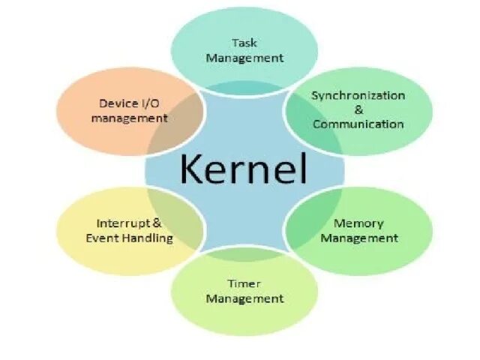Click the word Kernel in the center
(244, 169)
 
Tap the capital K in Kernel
(192, 169)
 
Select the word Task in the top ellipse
(244, 43)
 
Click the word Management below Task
(244, 57)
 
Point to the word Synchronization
(358, 95)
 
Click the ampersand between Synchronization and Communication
(358, 109)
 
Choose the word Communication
(358, 124)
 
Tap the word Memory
(358, 223)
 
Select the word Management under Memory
(358, 238)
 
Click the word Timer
(244, 283)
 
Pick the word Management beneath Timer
(244, 298)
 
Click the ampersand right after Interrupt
(157, 223)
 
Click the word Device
(116, 103)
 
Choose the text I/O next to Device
(152, 103)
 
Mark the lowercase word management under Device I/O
(134, 118)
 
